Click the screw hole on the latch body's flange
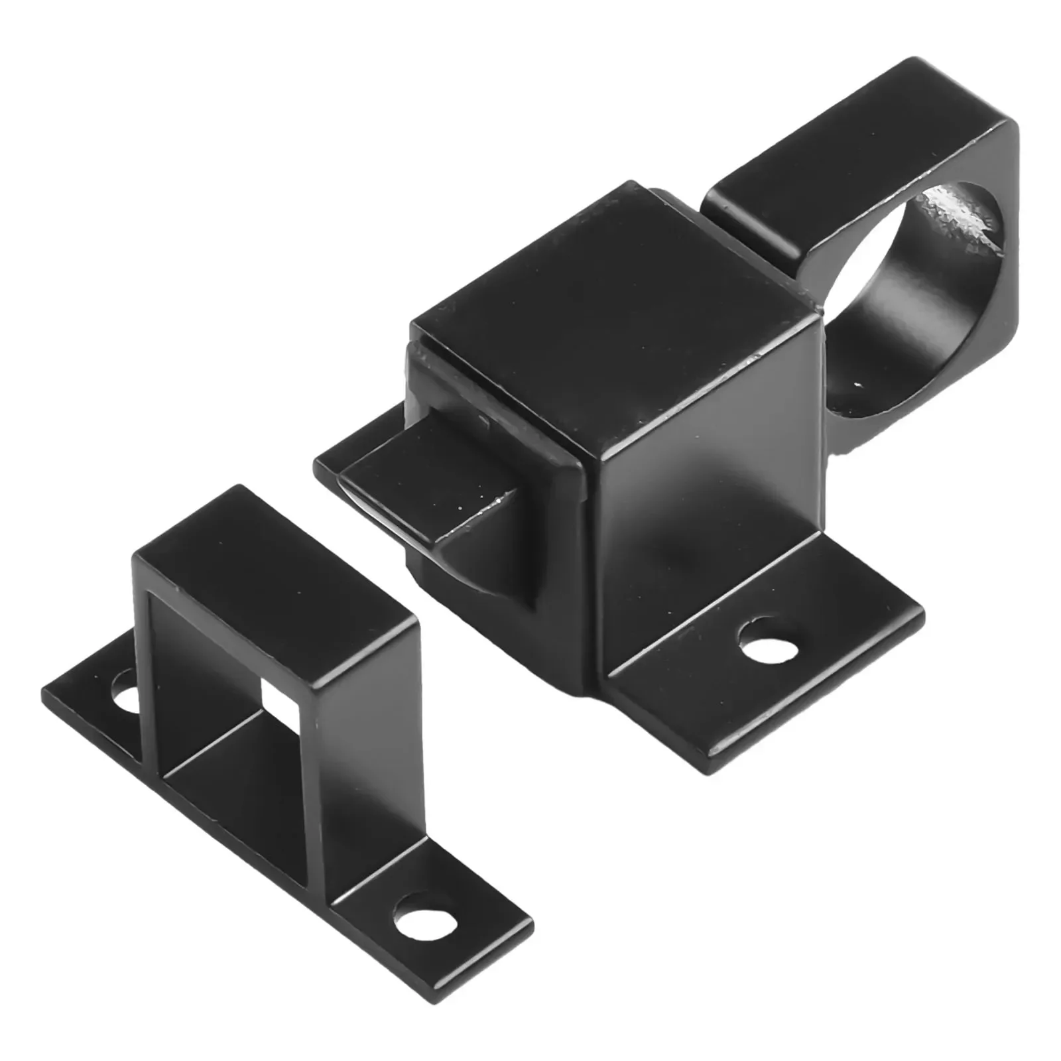(x=769, y=639)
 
